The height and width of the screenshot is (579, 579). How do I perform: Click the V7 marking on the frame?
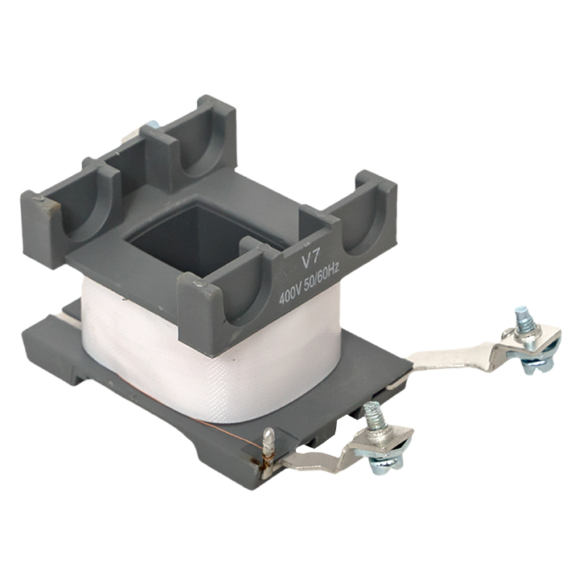310,261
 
